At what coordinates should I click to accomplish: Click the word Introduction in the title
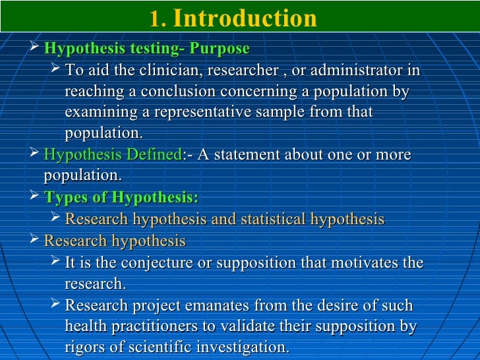pyautogui.click(x=245, y=18)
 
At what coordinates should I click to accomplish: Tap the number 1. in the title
pyautogui.click(x=157, y=19)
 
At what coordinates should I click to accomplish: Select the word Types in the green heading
pyautogui.click(x=67, y=198)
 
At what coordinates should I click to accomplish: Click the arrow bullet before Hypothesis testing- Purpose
pyautogui.click(x=36, y=48)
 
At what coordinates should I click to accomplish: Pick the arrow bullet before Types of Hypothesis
pyautogui.click(x=36, y=197)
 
